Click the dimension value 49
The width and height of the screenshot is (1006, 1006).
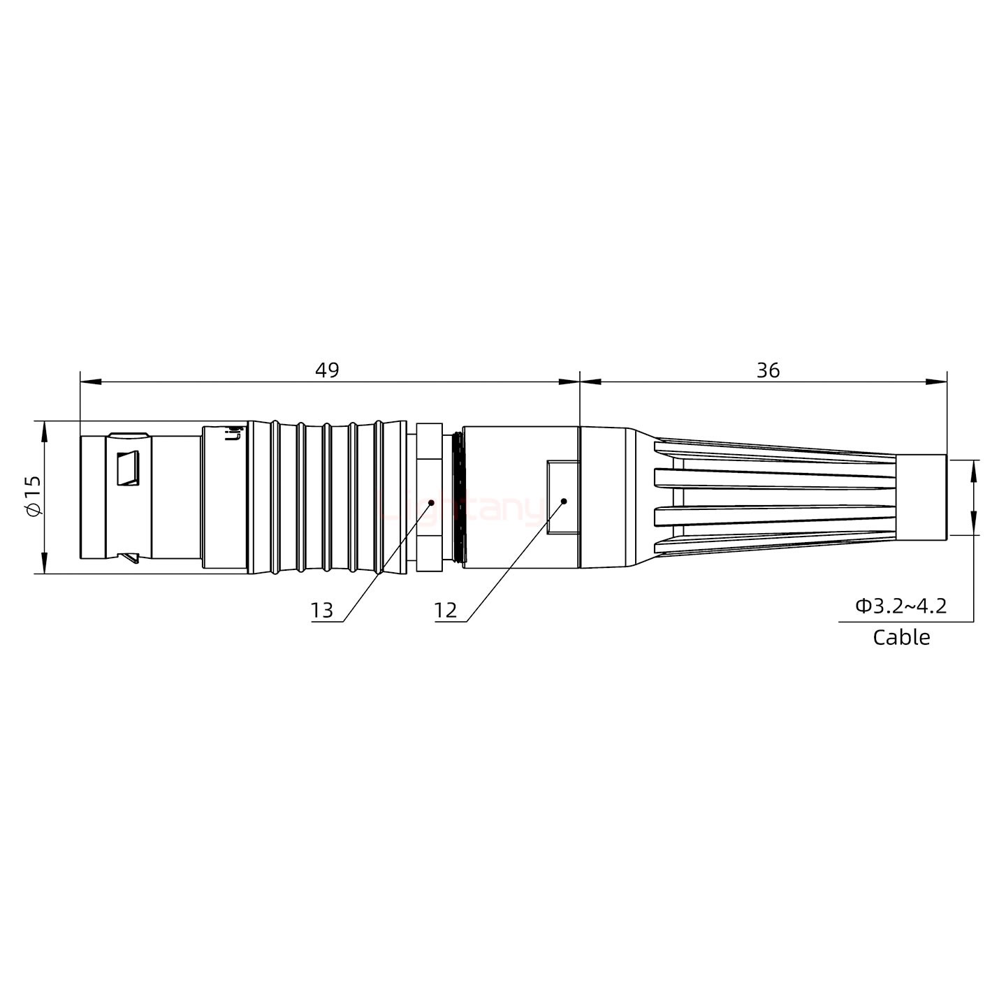click(326, 370)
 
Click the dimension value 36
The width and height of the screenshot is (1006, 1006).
click(767, 370)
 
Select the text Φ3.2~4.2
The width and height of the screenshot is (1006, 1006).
click(901, 606)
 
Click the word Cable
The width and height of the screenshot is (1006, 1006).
click(901, 637)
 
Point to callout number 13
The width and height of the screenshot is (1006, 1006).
click(322, 611)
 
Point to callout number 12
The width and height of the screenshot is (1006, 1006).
click(445, 611)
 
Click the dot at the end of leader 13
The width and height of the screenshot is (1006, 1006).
click(431, 502)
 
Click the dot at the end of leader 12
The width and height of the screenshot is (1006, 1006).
click(563, 501)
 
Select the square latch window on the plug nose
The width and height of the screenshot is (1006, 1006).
click(128, 468)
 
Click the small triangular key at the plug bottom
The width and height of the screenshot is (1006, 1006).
click(129, 558)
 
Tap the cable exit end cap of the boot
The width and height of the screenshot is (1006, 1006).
click(921, 497)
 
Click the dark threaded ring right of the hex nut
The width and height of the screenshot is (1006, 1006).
click(458, 497)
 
